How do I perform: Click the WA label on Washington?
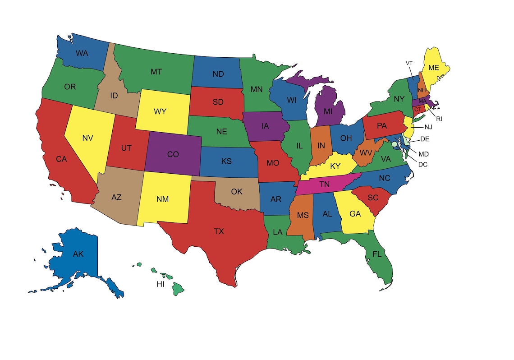point(82,53)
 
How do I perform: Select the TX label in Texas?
point(219,231)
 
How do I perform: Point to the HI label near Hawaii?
point(160,284)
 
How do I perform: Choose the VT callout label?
point(409,63)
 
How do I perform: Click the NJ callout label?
point(428,127)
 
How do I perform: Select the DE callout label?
point(425,139)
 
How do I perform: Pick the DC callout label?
point(422,164)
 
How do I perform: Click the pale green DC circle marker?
point(395,143)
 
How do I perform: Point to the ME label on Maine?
point(434,68)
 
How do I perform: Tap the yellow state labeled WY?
point(160,111)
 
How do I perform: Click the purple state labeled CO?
point(173,154)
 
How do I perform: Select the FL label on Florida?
point(377,254)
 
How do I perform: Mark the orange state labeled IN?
point(321,145)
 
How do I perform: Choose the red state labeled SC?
point(372,198)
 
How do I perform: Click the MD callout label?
point(423,154)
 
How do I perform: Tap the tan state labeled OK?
point(236,192)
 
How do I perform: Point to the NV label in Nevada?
point(88,138)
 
